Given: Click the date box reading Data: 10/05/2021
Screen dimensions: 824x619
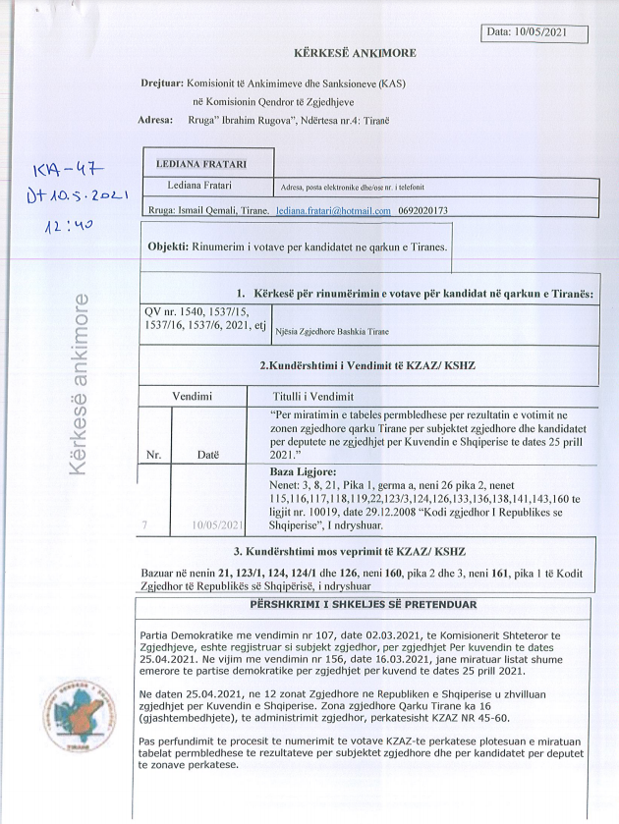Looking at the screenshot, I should [536, 33].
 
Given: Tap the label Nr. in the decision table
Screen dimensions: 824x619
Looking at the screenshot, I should [153, 455].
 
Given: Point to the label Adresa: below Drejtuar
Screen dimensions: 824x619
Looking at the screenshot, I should [159, 121].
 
